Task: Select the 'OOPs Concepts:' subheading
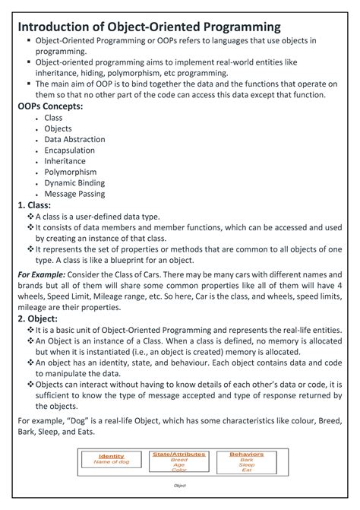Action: click(x=50, y=106)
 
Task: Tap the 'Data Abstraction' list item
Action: click(x=74, y=140)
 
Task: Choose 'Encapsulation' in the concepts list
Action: click(x=70, y=150)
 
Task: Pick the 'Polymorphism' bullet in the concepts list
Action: click(x=70, y=173)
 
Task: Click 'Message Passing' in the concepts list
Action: click(x=74, y=194)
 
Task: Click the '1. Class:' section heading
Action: click(x=34, y=205)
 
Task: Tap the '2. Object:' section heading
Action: click(x=38, y=318)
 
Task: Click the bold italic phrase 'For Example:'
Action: click(x=41, y=273)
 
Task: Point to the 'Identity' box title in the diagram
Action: click(x=112, y=456)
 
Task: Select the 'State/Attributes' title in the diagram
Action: click(x=178, y=454)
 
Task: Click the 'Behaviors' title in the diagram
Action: click(x=246, y=454)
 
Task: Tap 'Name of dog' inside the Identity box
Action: click(x=112, y=461)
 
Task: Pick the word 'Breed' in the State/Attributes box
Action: click(x=178, y=459)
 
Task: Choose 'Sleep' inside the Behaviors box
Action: click(x=246, y=464)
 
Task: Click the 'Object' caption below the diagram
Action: click(x=180, y=485)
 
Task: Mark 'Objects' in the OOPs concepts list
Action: click(x=58, y=129)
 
